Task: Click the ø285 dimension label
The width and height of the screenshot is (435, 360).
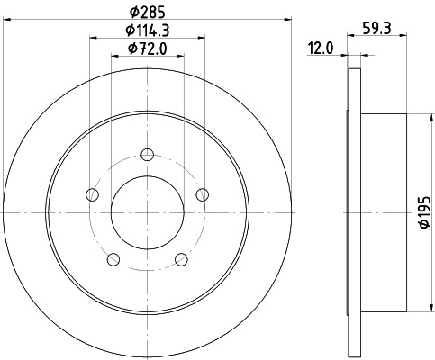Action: coord(147,13)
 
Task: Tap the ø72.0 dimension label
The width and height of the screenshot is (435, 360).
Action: coord(147,49)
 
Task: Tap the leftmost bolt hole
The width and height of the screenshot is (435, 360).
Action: coord(92,193)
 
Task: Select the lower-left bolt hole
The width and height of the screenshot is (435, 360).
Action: coord(113,259)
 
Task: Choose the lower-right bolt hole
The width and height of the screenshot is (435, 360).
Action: coord(181,259)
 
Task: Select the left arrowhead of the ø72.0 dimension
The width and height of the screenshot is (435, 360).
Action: coord(113,54)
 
